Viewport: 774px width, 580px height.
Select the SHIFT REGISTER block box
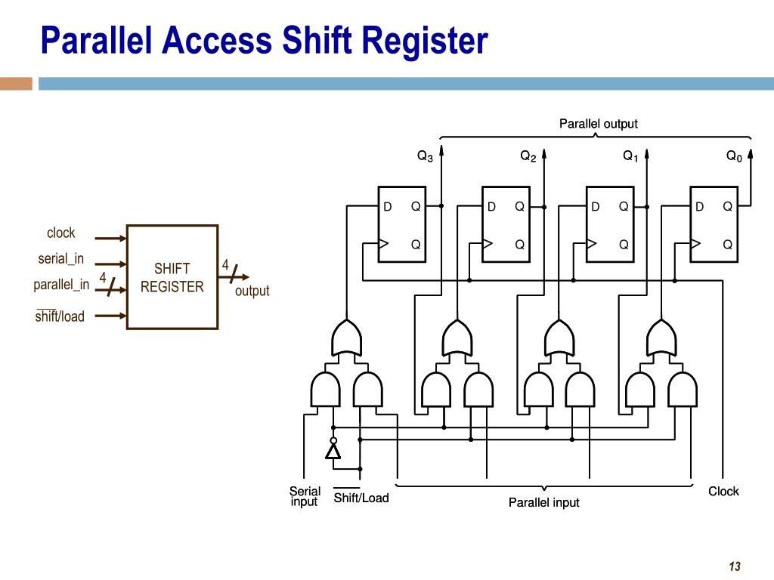point(172,277)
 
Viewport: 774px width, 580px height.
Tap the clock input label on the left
point(61,233)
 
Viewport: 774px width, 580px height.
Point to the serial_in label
point(61,259)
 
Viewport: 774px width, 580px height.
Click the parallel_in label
point(61,285)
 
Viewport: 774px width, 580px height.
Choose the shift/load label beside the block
point(60,316)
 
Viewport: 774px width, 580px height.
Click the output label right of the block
point(252,291)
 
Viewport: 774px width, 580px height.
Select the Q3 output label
point(426,156)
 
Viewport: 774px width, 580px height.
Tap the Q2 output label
point(528,156)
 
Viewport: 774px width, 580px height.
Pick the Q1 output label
point(630,156)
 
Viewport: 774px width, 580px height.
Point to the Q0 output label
point(734,156)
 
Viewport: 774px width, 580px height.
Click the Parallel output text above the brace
point(598,124)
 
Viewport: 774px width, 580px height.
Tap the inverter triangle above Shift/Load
point(333,451)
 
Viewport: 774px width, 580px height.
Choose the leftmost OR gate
point(347,338)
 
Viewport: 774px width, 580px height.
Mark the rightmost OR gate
point(661,338)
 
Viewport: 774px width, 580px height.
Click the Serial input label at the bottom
point(305,496)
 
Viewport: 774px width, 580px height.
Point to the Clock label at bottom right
point(723,492)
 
